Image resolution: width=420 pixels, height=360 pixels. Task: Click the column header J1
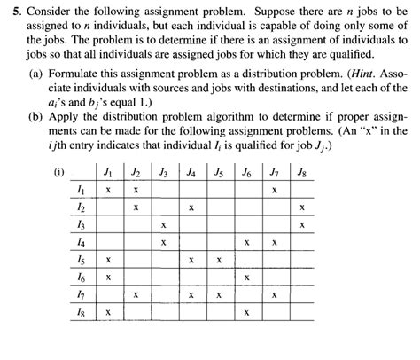tap(108, 172)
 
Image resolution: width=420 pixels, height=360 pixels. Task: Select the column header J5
tap(218, 172)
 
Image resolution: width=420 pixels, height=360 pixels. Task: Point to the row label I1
tap(82, 190)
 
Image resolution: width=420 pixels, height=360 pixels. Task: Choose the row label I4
tap(82, 242)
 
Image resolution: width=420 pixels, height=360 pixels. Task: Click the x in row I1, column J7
tap(275, 190)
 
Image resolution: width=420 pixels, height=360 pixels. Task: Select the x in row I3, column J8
tap(302, 225)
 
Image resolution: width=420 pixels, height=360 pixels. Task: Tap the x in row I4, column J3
tap(163, 242)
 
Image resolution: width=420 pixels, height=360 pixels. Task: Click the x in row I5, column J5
tap(218, 260)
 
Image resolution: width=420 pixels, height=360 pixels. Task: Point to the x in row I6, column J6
tap(246, 278)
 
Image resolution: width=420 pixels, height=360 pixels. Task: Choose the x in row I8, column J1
tap(108, 312)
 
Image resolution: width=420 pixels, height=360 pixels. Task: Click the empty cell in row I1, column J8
tap(302, 190)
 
